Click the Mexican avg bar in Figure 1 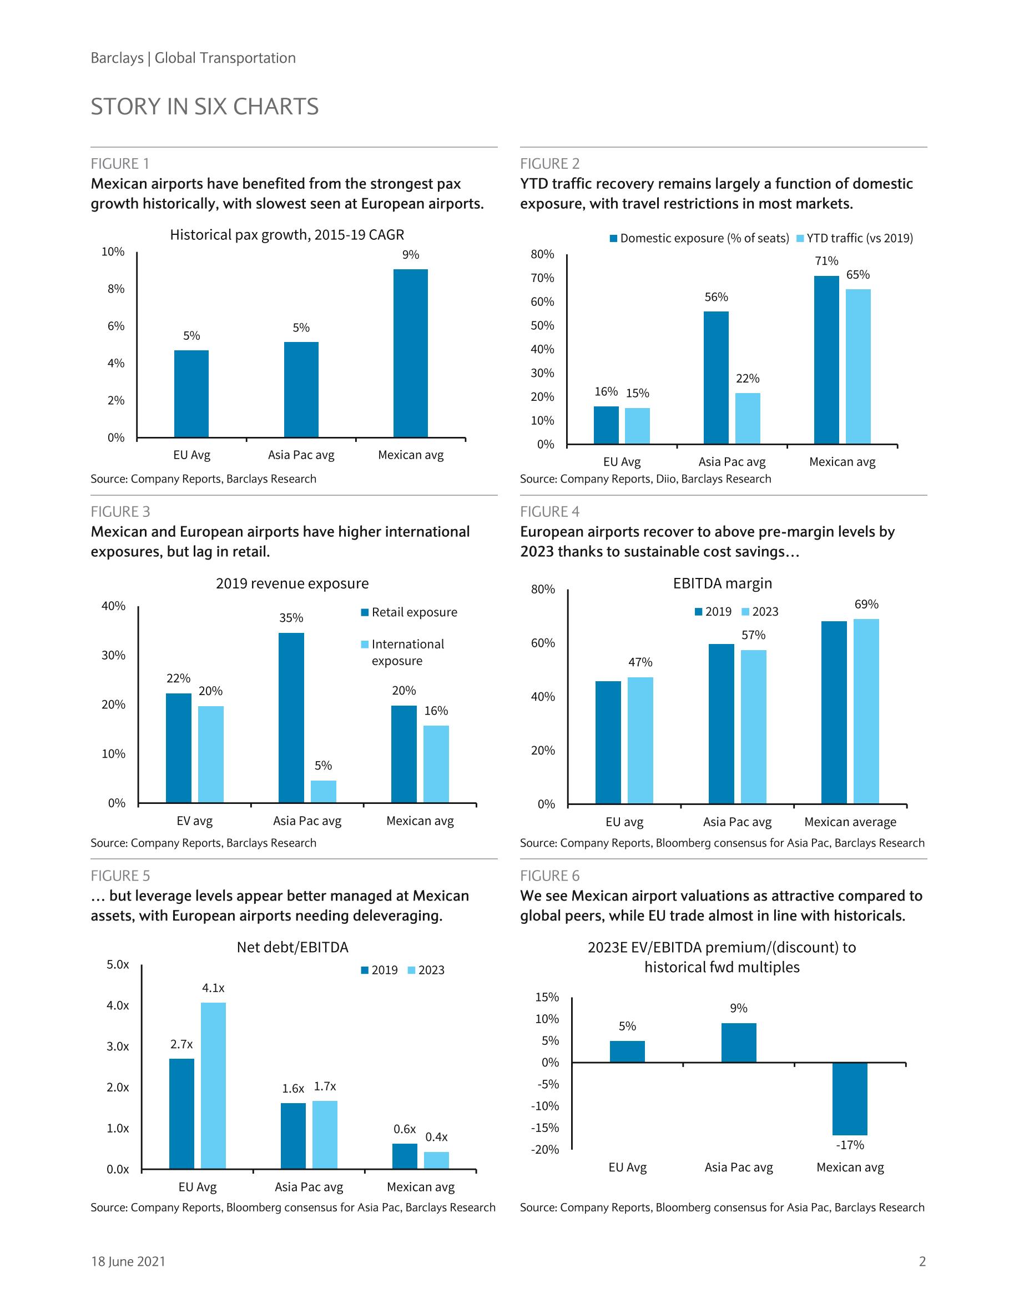point(411,353)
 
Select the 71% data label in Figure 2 point(826,261)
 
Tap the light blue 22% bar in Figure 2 point(748,419)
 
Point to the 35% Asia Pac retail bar point(291,717)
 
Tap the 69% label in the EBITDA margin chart point(866,604)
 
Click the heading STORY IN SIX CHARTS point(204,107)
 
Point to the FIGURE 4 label point(549,512)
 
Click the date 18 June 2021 point(128,1261)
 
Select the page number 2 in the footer point(922,1261)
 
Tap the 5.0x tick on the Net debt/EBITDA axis point(118,964)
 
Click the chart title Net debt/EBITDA point(292,948)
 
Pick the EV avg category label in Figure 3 point(194,821)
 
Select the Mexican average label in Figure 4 point(850,822)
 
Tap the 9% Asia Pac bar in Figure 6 point(739,1043)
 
